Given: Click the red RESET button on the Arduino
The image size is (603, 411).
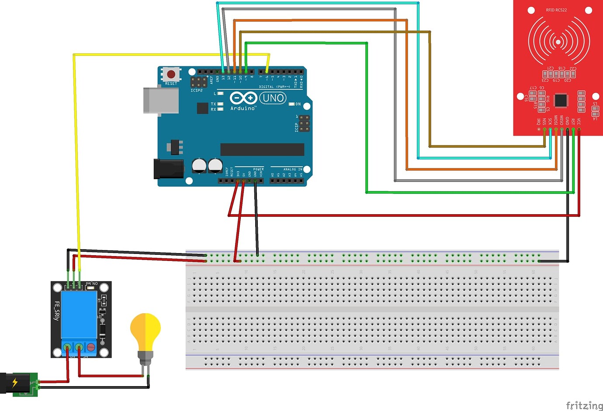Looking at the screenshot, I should pyautogui.click(x=171, y=74).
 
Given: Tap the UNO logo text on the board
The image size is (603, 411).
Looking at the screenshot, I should pyautogui.click(x=273, y=98).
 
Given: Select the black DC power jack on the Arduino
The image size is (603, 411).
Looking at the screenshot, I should pyautogui.click(x=169, y=169).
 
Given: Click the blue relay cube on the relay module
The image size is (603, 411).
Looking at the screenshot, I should pyautogui.click(x=79, y=314).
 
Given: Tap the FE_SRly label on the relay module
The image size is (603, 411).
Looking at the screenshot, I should pyautogui.click(x=57, y=311).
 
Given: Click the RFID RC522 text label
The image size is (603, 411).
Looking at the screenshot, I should pyautogui.click(x=556, y=10).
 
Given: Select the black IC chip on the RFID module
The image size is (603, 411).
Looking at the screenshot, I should pyautogui.click(x=561, y=100).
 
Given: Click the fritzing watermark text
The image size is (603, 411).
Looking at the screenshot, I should pyautogui.click(x=584, y=405).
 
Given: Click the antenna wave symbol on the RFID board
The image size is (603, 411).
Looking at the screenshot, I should pyautogui.click(x=558, y=41).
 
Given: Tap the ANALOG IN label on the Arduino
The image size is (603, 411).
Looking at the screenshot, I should pyautogui.click(x=292, y=169).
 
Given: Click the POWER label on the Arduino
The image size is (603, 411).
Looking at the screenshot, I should pyautogui.click(x=258, y=169).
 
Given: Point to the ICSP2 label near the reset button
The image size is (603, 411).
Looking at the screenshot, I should pyautogui.click(x=197, y=90).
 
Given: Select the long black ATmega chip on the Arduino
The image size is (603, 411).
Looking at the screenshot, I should pyautogui.click(x=262, y=150).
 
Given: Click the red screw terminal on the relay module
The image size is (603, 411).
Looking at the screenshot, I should pyautogui.click(x=91, y=347).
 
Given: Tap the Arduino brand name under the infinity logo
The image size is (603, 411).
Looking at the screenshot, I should pyautogui.click(x=243, y=108).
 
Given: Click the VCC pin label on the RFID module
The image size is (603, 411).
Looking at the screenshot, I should pyautogui.click(x=579, y=121).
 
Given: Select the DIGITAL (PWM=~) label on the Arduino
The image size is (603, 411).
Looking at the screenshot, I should pyautogui.click(x=274, y=87).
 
